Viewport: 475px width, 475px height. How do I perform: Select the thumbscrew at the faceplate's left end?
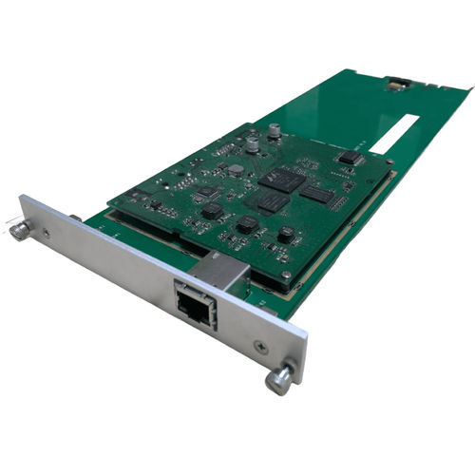pyautogui.click(x=20, y=230)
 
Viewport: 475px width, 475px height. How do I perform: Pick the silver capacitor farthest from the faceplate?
pyautogui.click(x=274, y=131)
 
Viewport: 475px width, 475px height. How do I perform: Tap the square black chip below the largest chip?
pyautogui.click(x=273, y=201)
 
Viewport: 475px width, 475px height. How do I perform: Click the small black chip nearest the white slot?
pyautogui.click(x=350, y=158)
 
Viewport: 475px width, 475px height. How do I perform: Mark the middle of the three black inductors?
pyautogui.click(x=247, y=224)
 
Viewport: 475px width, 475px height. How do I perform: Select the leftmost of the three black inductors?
pyautogui.click(x=212, y=210)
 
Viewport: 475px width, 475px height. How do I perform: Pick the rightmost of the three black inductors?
pyautogui.click(x=285, y=233)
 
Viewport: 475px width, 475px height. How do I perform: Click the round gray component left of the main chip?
pyautogui.click(x=235, y=170)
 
